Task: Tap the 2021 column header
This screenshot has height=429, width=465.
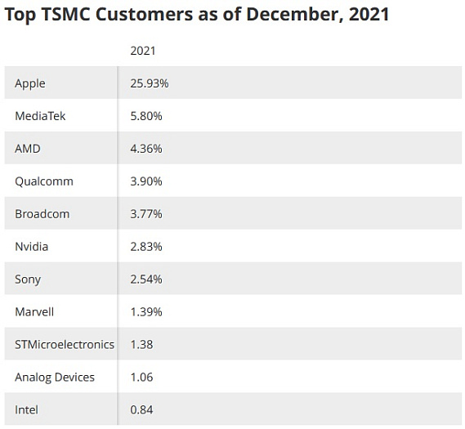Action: click(x=143, y=51)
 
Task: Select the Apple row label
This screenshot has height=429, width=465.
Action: click(x=30, y=83)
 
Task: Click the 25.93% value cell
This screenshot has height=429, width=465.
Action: click(x=150, y=83)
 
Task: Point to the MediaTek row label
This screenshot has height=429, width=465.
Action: click(x=40, y=116)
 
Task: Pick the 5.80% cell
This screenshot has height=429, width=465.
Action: click(x=146, y=116)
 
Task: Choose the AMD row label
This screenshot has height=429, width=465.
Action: click(x=28, y=149)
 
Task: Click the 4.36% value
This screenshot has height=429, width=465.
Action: click(x=146, y=149)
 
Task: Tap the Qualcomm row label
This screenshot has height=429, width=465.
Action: click(x=44, y=181)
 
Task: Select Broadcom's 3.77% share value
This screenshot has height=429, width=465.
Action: click(x=146, y=214)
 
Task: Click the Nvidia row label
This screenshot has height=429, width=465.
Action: click(x=32, y=247)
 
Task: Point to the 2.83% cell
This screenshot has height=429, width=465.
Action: click(x=146, y=247)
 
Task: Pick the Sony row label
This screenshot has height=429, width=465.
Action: click(x=28, y=279)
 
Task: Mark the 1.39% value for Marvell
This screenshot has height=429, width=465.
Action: click(x=146, y=312)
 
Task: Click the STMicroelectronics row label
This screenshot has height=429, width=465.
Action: click(x=65, y=345)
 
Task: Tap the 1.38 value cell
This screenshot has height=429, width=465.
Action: click(x=142, y=345)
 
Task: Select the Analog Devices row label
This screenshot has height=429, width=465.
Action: click(x=55, y=378)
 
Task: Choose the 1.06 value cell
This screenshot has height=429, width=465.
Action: click(x=142, y=378)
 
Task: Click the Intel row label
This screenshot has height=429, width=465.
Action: click(x=27, y=410)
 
